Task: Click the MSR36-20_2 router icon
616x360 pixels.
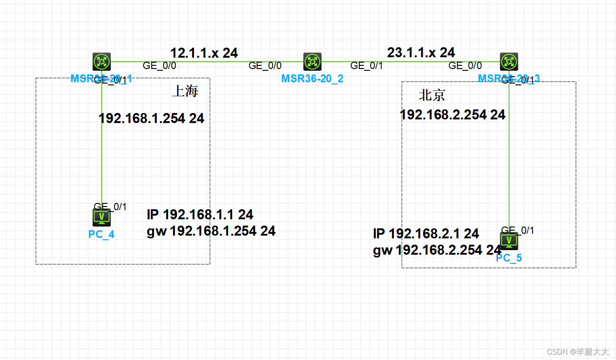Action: point(312,62)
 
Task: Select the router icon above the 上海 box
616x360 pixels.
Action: point(102,62)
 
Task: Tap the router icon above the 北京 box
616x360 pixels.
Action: point(509,62)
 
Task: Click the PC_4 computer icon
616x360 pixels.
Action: point(102,217)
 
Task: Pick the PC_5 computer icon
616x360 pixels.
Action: point(509,241)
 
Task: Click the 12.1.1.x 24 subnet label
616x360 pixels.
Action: point(204,53)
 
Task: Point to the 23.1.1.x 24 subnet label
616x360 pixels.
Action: point(421,53)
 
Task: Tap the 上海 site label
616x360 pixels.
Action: point(185,91)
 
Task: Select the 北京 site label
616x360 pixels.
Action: point(432,95)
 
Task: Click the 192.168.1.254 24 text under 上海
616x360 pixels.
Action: point(151,119)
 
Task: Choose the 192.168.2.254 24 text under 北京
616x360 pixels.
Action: point(452,115)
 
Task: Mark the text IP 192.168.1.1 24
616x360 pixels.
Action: point(200,214)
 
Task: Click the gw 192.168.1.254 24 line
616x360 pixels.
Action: point(211,231)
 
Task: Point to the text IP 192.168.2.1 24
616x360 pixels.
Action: point(426,234)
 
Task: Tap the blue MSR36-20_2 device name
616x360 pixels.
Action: point(312,79)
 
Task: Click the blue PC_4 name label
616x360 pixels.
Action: point(101,235)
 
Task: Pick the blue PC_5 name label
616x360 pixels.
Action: point(509,258)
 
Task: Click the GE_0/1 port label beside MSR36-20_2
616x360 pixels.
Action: point(367,66)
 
